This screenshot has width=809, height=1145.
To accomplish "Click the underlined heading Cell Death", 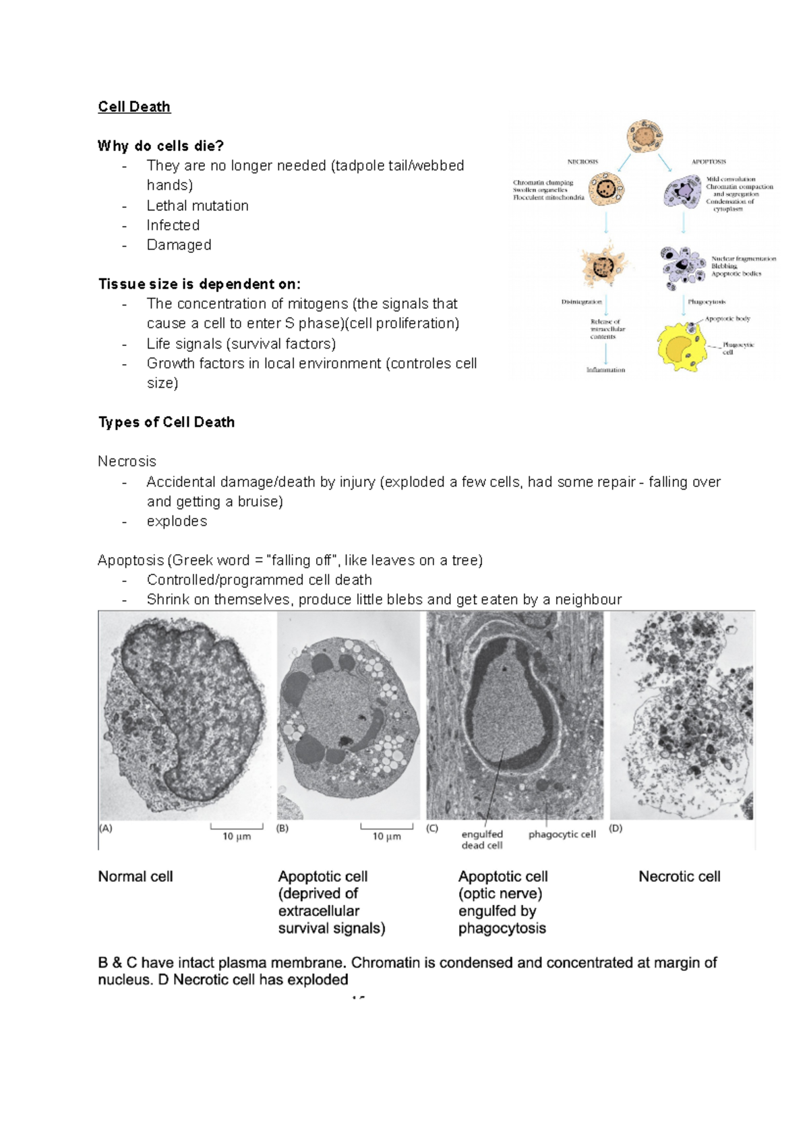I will tap(134, 107).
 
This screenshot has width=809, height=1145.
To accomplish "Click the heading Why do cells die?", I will tap(160, 146).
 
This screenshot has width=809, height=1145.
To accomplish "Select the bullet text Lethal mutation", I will tap(198, 206).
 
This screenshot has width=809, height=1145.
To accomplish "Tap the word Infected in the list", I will tap(173, 225).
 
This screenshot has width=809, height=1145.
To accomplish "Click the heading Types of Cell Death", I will tap(167, 422).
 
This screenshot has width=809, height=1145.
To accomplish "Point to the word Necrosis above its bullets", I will tap(127, 461).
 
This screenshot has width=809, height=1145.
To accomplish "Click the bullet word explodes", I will tap(177, 521).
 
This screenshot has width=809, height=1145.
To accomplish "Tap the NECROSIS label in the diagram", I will tap(582, 161).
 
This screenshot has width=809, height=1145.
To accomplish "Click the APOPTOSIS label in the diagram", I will tap(709, 161).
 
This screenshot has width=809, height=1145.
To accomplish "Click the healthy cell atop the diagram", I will tap(645, 137).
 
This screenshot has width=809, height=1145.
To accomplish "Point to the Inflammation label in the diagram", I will tap(605, 370).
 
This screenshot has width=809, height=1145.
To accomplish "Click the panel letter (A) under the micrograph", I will tap(106, 828).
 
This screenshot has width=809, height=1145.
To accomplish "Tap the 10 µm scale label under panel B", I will tap(386, 836).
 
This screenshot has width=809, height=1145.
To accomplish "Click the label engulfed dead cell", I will tap(482, 840).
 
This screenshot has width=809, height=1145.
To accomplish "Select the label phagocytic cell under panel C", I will tap(562, 834).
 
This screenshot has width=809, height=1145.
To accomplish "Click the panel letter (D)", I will tap(616, 828).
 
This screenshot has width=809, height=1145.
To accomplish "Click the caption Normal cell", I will tap(136, 877).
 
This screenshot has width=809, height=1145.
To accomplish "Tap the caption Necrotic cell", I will tap(679, 877).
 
